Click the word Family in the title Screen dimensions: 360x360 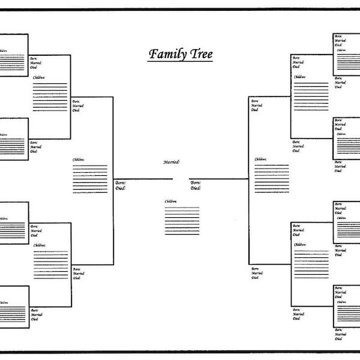tap(167, 55)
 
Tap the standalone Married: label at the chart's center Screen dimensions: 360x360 tap(172, 162)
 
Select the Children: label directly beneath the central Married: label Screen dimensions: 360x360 tap(171, 201)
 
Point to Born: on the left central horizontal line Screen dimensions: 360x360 tap(120, 182)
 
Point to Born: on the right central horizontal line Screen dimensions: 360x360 tap(196, 182)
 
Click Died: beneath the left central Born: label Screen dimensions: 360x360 tap(120, 188)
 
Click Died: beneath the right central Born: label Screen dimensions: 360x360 tap(196, 188)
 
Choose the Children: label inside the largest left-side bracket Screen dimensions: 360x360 tap(79, 160)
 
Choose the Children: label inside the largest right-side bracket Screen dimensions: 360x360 tap(260, 159)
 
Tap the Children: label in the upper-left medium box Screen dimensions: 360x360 tap(39, 77)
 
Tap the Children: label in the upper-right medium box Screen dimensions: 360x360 tap(299, 77)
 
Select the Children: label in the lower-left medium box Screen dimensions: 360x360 tap(39, 245)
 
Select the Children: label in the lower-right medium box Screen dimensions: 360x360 tap(299, 245)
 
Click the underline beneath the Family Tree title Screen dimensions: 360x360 tap(180, 62)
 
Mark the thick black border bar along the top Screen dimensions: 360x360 tap(180, 9)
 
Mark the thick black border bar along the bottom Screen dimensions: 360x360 tap(180, 352)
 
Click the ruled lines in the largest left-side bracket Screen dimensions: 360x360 tap(90, 179)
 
